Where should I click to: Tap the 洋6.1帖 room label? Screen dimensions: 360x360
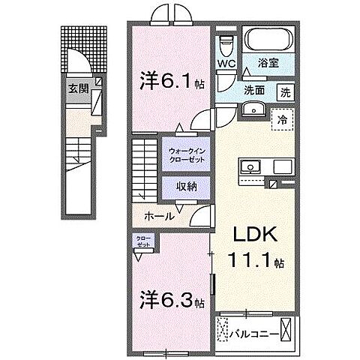click(169, 78)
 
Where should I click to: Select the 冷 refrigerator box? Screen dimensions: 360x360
click(283, 118)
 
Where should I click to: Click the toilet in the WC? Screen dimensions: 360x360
click(227, 43)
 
